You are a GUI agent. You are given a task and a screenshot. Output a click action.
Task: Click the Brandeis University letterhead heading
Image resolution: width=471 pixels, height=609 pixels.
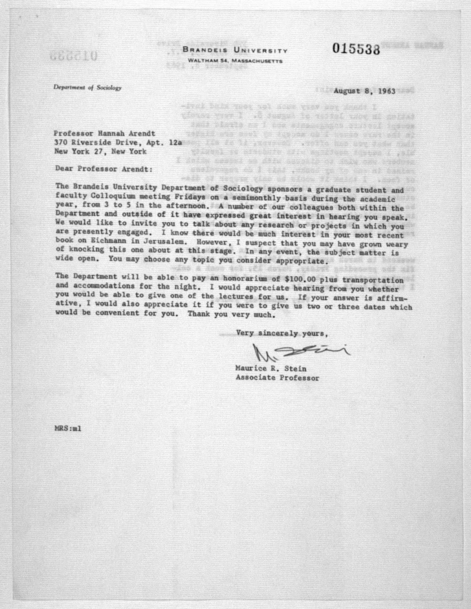click(x=235, y=50)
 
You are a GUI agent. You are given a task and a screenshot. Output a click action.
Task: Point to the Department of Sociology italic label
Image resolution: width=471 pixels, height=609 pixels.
click(x=88, y=88)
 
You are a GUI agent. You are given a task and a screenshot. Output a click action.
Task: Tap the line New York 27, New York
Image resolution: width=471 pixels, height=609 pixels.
click(x=100, y=151)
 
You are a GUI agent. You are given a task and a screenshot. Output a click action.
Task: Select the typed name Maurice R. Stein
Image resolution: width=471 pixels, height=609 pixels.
click(x=271, y=369)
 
